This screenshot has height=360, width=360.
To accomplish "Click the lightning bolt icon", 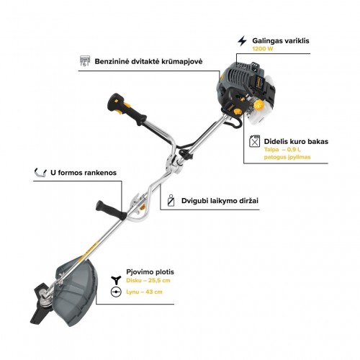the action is [x=242, y=41].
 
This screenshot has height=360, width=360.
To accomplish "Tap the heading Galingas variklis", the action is [x=281, y=40].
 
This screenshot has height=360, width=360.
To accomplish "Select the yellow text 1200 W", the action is [x=263, y=49].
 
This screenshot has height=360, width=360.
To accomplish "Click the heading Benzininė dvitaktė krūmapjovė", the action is [x=148, y=61].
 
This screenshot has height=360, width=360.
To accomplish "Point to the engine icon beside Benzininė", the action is [x=85, y=61].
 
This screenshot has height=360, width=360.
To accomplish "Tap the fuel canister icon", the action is [x=254, y=141].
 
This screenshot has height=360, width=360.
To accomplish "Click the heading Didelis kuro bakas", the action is [x=296, y=141].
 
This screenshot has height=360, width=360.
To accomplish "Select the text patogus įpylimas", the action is [x=287, y=157].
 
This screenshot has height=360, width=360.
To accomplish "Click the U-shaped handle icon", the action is [x=40, y=173].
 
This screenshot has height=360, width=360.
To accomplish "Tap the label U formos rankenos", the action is [x=84, y=173].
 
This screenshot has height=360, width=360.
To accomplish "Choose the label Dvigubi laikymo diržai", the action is [x=220, y=201].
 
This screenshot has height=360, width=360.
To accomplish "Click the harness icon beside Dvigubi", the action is [x=171, y=200].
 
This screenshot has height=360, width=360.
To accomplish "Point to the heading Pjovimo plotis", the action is [x=150, y=272].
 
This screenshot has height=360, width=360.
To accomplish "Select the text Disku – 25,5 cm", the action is [x=148, y=280].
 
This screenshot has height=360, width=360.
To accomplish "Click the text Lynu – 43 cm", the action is [x=144, y=292].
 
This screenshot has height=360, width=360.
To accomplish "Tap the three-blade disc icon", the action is [x=116, y=280].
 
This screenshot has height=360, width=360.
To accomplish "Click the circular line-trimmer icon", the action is [x=116, y=292].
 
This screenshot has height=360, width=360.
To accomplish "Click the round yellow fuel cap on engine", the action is [x=258, y=104].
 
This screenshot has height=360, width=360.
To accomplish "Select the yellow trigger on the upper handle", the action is [x=127, y=105].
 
